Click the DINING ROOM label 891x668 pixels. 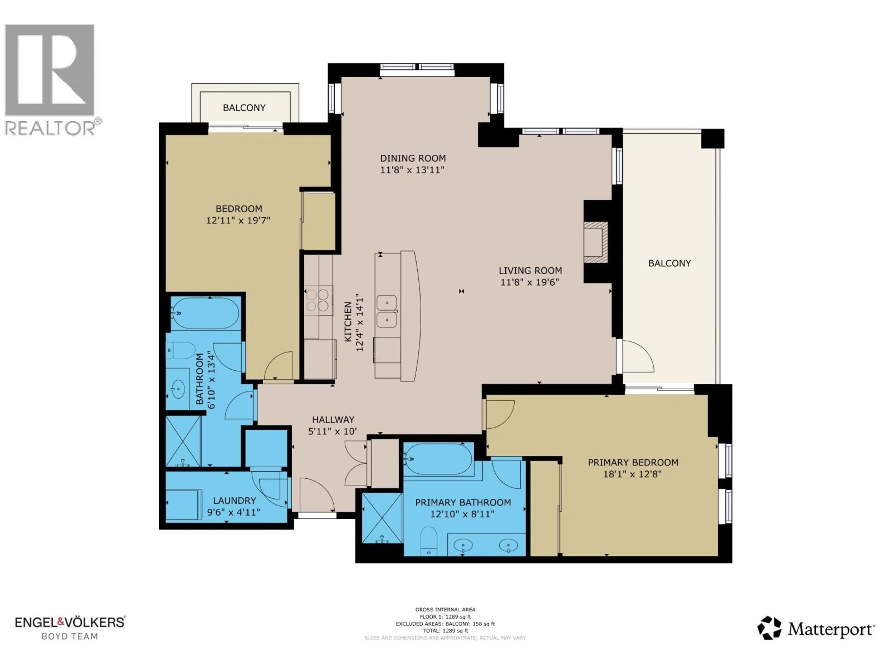coord(413,158)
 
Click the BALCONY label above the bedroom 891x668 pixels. coord(244,108)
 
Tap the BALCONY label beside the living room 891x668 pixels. coord(669,263)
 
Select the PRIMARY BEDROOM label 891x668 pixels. coord(633,463)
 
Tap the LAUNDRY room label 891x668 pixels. coord(234,501)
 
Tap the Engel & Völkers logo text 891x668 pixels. coord(70,622)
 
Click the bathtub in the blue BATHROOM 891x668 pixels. coord(205,313)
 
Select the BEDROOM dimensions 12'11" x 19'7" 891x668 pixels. coord(238,221)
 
